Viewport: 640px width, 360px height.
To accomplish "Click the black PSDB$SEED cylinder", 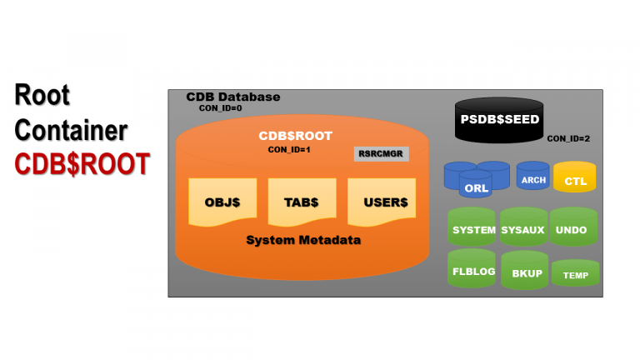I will (x=499, y=120).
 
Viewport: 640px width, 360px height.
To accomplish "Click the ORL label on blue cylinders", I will (x=477, y=188).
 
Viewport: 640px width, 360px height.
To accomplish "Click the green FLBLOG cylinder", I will (x=473, y=271).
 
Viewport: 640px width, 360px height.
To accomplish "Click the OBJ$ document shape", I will (x=222, y=202).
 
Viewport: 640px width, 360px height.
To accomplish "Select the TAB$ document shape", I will (x=300, y=202).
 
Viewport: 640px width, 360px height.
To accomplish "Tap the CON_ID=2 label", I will (x=568, y=138).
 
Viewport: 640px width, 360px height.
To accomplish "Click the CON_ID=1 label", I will (x=288, y=149).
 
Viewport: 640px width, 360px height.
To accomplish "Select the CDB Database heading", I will (x=232, y=97).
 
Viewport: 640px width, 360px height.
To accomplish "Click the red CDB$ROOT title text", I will (x=82, y=164).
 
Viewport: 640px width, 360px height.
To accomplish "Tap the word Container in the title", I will (x=71, y=131).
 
